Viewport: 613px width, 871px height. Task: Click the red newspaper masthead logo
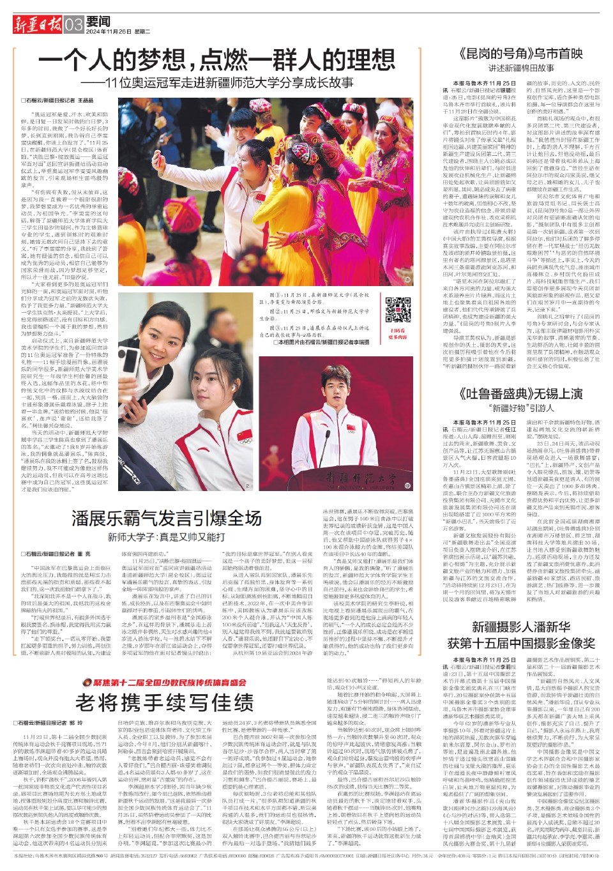coord(37,25)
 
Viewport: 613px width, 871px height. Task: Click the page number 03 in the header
coord(73,25)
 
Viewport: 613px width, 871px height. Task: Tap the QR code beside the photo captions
coord(397,308)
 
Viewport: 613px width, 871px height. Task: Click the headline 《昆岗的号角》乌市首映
coord(521,53)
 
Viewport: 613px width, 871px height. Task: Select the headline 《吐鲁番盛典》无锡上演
coord(521,393)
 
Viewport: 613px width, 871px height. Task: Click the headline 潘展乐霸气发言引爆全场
coord(166,518)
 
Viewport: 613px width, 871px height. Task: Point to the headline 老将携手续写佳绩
coord(165,702)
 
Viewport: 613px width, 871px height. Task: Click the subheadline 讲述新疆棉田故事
coord(521,68)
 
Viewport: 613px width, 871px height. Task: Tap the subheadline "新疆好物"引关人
coord(521,408)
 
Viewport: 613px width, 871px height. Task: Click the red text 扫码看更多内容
coord(397,334)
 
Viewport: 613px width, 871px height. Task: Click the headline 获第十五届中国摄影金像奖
coord(521,643)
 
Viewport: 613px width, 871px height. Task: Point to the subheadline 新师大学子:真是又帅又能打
coord(166,537)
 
